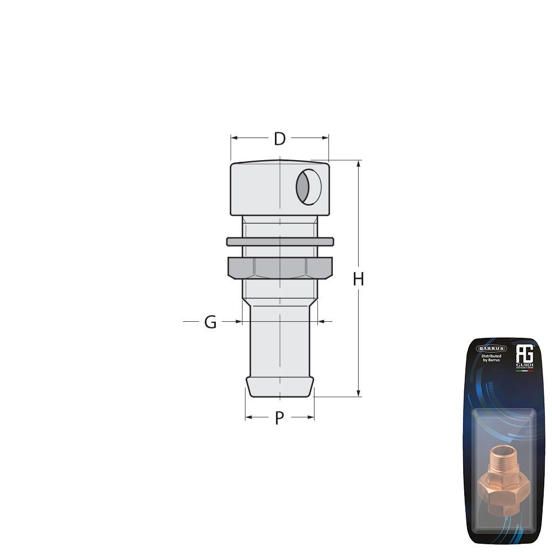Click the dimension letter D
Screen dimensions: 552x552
[280, 139]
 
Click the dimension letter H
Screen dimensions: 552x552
[359, 279]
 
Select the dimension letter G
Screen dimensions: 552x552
[210, 322]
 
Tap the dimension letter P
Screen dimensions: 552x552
[279, 418]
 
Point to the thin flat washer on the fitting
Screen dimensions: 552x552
[280, 242]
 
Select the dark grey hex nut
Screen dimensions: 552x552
[280, 268]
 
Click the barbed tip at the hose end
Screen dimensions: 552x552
[279, 386]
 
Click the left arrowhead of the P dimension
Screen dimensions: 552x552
[248, 417]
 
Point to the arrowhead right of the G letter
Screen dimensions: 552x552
[238, 321]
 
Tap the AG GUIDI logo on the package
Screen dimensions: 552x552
[523, 356]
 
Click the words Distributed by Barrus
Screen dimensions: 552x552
[491, 359]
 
